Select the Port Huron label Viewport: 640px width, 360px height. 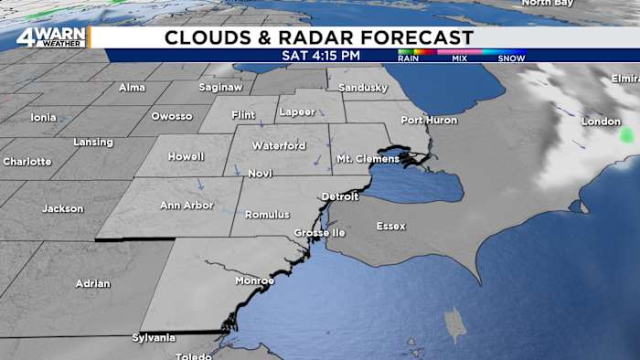pyautogui.click(x=427, y=121)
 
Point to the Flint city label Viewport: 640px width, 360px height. pyautogui.click(x=243, y=115)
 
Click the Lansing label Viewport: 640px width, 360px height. pyautogui.click(x=93, y=143)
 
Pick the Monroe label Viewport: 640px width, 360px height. pyautogui.click(x=254, y=281)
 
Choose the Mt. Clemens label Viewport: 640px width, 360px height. pyautogui.click(x=368, y=159)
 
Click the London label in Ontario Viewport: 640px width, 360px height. pyautogui.click(x=601, y=122)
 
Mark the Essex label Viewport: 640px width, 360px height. pyautogui.click(x=390, y=226)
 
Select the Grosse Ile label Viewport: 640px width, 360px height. pyautogui.click(x=315, y=233)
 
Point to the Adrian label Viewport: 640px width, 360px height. pyautogui.click(x=92, y=283)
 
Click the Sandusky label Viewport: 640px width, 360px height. pyautogui.click(x=357, y=87)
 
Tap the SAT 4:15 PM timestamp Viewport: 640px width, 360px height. pyautogui.click(x=321, y=56)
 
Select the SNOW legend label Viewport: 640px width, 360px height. pyautogui.click(x=511, y=58)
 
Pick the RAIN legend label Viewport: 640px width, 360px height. pyautogui.click(x=408, y=58)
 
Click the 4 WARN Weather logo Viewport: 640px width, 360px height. pyautogui.click(x=51, y=37)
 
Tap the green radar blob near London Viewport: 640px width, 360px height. pyautogui.click(x=626, y=135)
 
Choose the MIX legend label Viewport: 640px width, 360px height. pyautogui.click(x=459, y=58)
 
